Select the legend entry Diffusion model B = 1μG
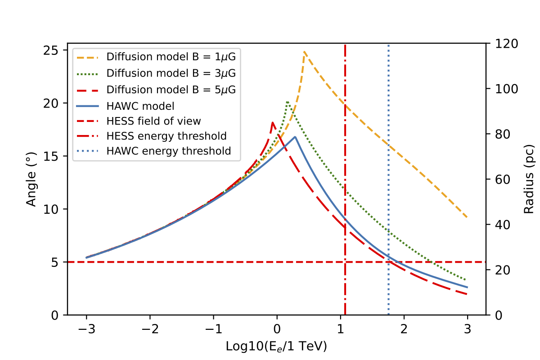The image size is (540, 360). point(171,57)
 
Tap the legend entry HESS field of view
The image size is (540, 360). point(153,121)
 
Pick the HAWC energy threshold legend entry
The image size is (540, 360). point(169,151)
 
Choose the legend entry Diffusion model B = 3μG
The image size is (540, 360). point(171,72)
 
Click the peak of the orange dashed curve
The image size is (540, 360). point(305,52)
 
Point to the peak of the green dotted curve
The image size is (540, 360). point(288,102)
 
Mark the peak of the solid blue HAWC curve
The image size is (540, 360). point(295,137)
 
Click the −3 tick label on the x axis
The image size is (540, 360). point(86,328)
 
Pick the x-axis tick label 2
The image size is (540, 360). point(404,328)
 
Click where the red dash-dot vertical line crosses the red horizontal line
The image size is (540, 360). point(345,261)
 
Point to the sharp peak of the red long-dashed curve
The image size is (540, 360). point(273,122)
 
